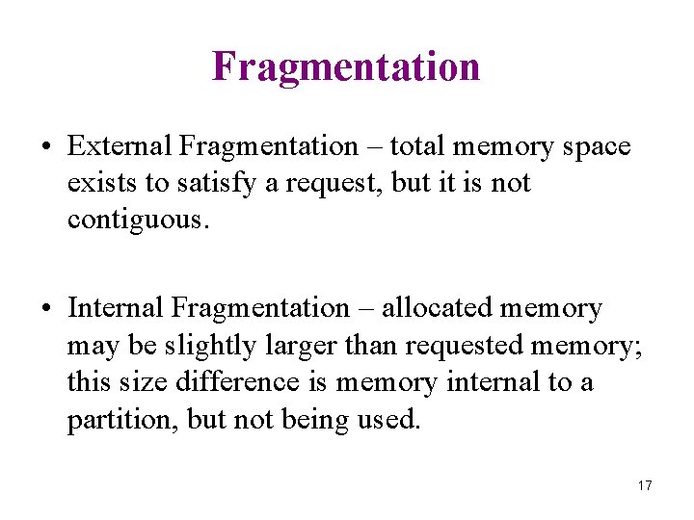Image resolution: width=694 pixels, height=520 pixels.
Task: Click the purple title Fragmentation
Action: tap(346, 66)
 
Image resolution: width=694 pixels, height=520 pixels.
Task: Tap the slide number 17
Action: tap(645, 485)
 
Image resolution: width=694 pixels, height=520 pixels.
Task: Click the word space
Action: tap(596, 147)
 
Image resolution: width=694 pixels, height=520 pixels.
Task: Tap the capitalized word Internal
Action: tap(116, 308)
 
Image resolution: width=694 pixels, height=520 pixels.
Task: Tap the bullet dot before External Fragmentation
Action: tap(46, 147)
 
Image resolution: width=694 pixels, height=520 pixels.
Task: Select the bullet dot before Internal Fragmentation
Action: tap(46, 309)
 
